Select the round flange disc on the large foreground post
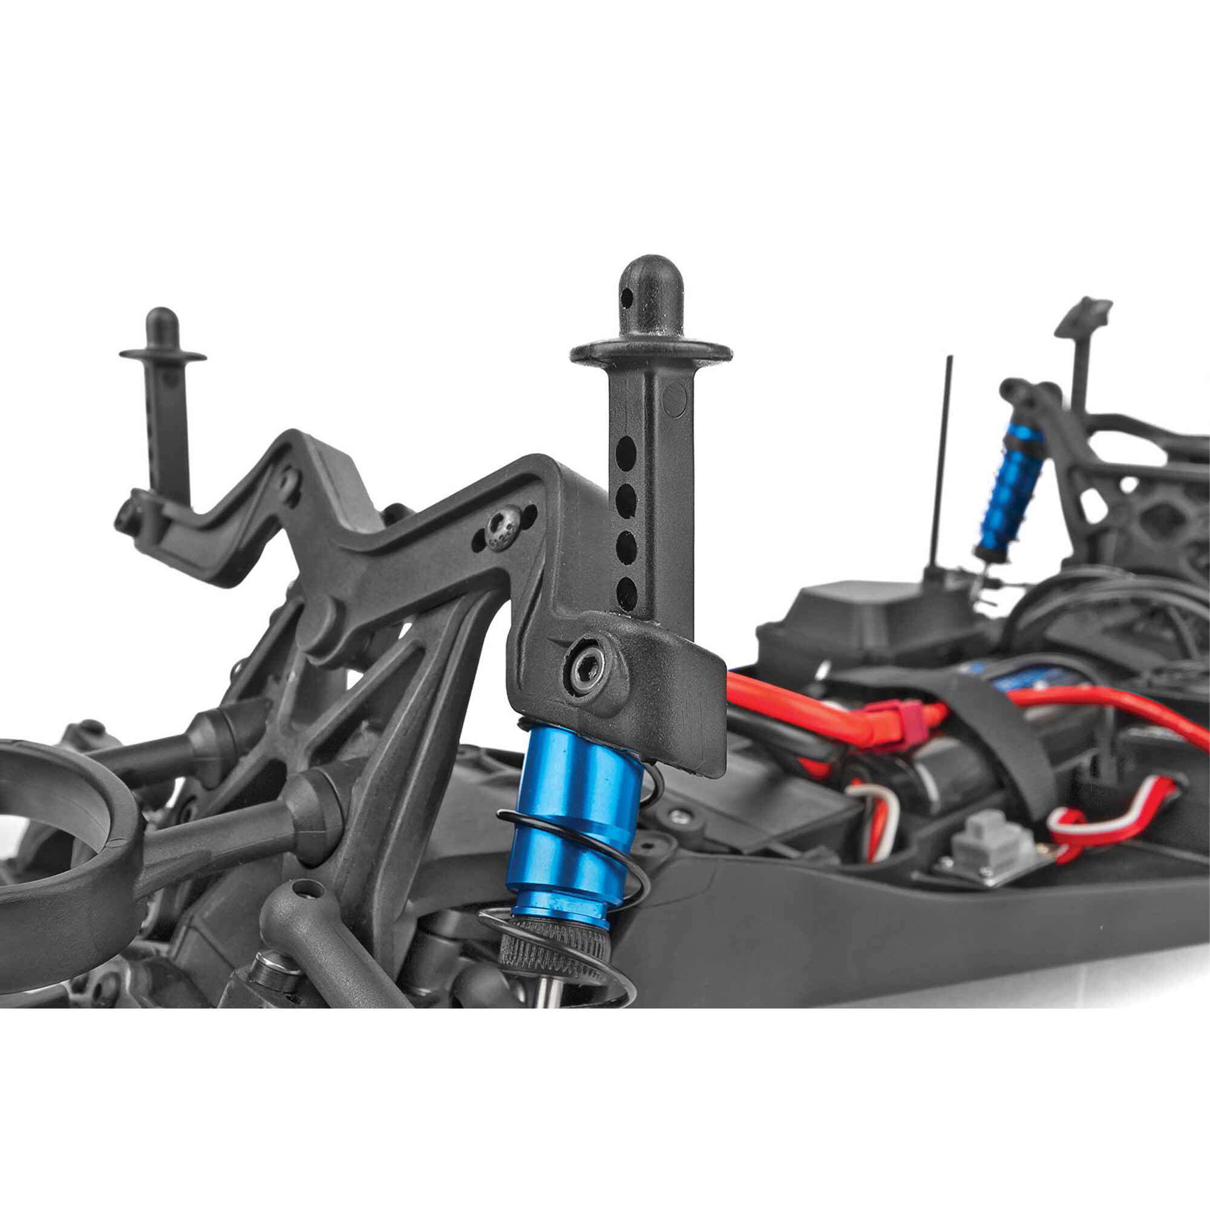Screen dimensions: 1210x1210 [x=651, y=352]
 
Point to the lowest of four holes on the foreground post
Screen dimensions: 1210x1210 [x=625, y=590]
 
